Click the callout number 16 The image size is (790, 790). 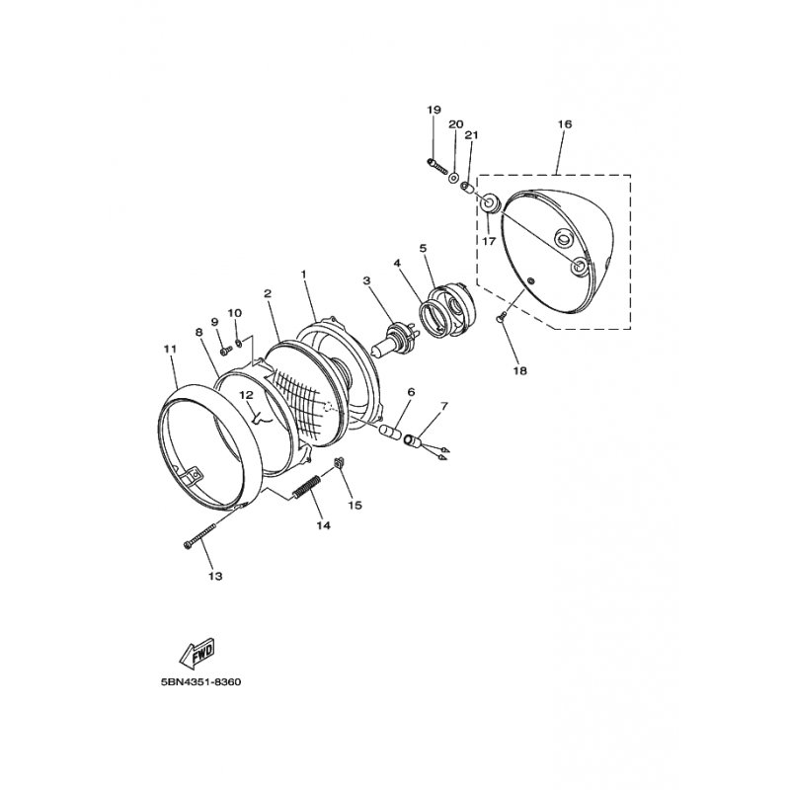coord(564,124)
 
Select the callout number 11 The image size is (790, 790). coord(169,349)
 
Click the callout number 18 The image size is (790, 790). coord(519,370)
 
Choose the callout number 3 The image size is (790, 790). coord(365,280)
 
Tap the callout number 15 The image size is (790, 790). coord(355,505)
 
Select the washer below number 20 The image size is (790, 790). coord(453,180)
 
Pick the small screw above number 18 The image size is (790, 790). coord(501,316)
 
